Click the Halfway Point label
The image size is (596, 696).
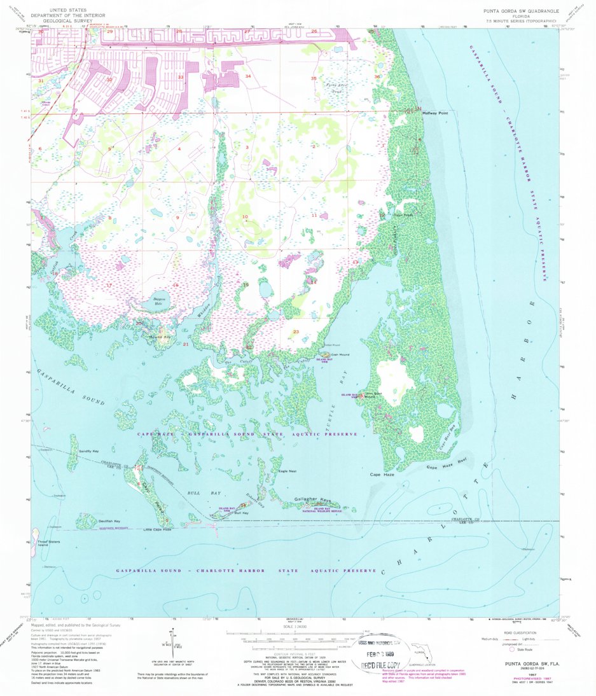coord(435,113)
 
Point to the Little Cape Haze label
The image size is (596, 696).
coord(157,529)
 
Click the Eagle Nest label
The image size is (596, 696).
coord(288,471)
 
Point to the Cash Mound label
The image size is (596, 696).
coord(340,354)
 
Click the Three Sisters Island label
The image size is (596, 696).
coord(43,543)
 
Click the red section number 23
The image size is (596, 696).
coord(296,331)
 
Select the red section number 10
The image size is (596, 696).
coord(244,217)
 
